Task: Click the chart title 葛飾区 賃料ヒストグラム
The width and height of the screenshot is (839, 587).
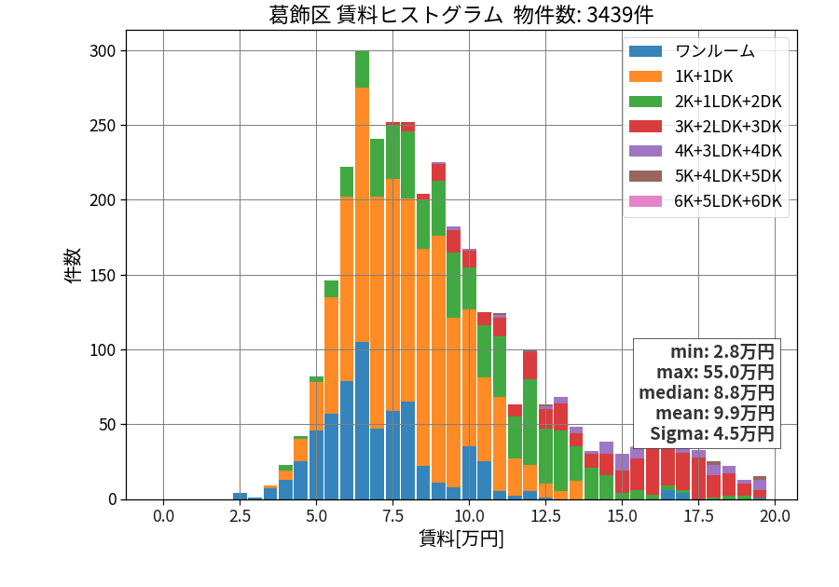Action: (x=385, y=15)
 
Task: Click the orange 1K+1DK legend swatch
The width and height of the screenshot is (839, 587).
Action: (x=645, y=76)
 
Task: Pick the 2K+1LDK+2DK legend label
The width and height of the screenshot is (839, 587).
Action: (x=728, y=101)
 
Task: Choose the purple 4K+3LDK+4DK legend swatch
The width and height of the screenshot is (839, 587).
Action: (x=645, y=151)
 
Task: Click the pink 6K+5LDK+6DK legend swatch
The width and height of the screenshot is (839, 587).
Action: (x=645, y=201)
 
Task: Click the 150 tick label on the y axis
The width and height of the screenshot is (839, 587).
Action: (x=103, y=275)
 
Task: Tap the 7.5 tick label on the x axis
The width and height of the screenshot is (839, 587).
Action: (x=392, y=516)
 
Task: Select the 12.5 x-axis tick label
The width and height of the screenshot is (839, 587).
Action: (x=545, y=516)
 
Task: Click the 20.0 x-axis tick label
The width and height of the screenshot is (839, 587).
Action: (x=776, y=516)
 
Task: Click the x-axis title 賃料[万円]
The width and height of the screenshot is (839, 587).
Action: (x=461, y=539)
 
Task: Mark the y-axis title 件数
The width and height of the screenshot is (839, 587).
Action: (x=72, y=265)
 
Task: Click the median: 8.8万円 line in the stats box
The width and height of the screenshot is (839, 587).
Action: (x=707, y=393)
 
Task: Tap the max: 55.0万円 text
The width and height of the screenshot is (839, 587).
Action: (x=715, y=372)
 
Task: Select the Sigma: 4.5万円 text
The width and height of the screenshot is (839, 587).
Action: (x=712, y=433)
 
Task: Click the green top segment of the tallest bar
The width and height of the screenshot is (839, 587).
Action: (x=363, y=70)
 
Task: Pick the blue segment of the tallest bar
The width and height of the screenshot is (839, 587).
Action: (x=363, y=421)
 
